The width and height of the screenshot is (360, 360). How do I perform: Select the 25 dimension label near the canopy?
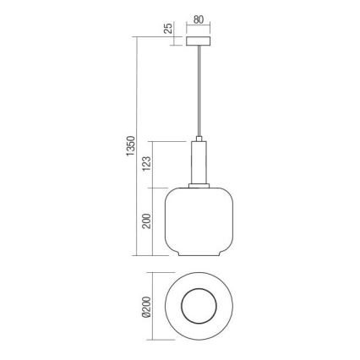tap(168, 30)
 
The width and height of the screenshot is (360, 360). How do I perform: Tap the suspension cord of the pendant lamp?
tap(199, 93)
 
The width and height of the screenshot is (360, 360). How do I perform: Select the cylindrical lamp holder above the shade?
tap(199, 161)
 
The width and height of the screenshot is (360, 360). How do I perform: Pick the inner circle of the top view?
tap(199, 307)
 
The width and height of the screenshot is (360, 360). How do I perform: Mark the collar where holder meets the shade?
tap(199, 183)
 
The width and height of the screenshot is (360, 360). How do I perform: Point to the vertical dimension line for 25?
tap(178, 40)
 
